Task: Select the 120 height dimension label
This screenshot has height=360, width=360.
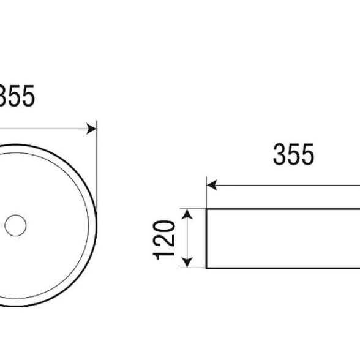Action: pyautogui.click(x=164, y=240)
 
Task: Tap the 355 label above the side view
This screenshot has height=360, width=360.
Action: pyautogui.click(x=293, y=154)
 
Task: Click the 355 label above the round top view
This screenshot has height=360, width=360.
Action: pyautogui.click(x=16, y=96)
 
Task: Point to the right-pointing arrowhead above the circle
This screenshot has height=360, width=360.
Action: pyautogui.click(x=92, y=129)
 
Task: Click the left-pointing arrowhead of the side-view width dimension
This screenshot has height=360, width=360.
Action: pyautogui.click(x=212, y=185)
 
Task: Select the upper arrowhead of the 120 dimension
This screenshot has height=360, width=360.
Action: pyautogui.click(x=187, y=214)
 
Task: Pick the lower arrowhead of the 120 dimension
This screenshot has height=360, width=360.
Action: pyautogui.click(x=187, y=263)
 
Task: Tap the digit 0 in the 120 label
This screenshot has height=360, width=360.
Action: pyautogui.click(x=164, y=227)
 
